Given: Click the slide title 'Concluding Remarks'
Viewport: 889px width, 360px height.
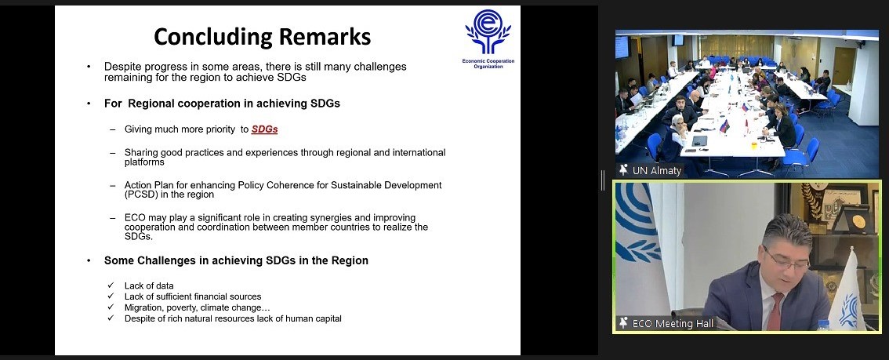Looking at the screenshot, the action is click(262, 37).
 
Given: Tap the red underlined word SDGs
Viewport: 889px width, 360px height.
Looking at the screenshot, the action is click(265, 129).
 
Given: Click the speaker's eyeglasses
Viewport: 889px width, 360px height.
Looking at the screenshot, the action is click(787, 259).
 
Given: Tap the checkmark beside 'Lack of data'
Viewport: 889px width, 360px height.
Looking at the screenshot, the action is click(111, 285).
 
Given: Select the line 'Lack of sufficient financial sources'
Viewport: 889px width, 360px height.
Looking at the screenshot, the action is click(193, 296).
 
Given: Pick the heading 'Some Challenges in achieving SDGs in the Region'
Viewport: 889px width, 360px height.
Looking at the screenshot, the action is click(236, 261).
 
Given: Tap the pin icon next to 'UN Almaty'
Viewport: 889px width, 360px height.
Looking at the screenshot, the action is click(624, 170).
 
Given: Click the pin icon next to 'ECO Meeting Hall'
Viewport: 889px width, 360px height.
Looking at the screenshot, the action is click(624, 323).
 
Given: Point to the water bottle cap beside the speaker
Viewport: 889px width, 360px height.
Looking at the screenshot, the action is click(824, 323).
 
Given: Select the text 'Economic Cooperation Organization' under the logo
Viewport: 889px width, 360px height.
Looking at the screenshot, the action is click(488, 64).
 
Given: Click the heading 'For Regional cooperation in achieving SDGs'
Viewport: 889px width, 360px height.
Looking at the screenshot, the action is click(223, 104).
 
